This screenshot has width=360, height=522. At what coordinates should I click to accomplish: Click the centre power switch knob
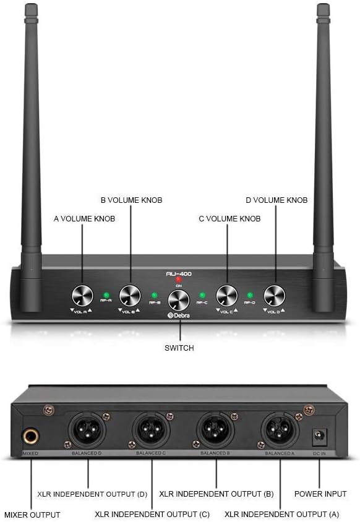pyautogui.click(x=179, y=300)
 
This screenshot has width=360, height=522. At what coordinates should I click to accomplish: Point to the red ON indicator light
pyautogui.click(x=179, y=280)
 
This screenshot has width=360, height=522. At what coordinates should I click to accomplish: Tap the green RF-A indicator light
pyautogui.click(x=106, y=295)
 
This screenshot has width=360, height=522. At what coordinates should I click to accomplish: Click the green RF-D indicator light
pyautogui.click(x=250, y=295)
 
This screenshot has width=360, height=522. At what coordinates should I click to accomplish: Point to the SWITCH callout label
pyautogui.click(x=179, y=348)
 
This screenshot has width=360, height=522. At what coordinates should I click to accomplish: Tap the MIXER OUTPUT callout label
pyautogui.click(x=32, y=514)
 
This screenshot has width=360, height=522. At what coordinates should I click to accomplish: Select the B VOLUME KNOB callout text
pyautogui.click(x=131, y=200)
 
